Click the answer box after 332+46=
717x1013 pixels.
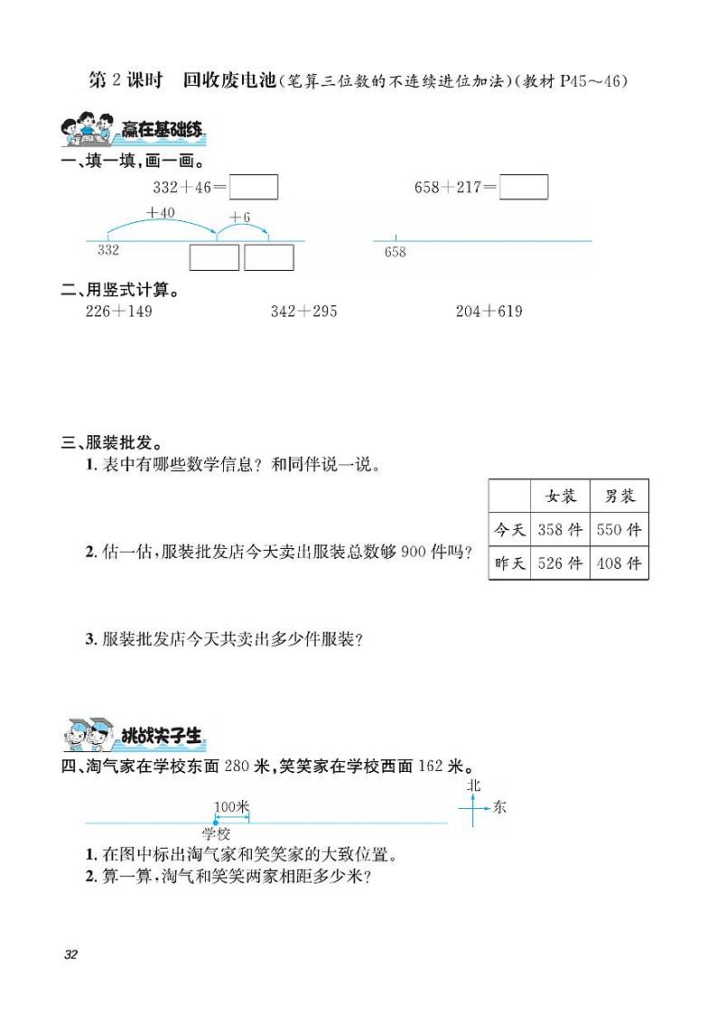coord(254,187)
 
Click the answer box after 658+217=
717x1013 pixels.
coord(524,187)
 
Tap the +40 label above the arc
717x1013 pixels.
coord(160,213)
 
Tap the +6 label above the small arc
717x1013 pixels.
coord(239,218)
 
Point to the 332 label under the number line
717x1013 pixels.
coord(108,250)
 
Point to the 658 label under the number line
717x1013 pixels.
coord(395,252)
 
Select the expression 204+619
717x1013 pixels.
coord(489,311)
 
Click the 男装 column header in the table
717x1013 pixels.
coord(619,496)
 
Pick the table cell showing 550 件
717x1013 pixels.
coord(619,530)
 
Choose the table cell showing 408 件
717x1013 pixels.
coord(619,563)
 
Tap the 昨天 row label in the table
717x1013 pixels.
coord(510,563)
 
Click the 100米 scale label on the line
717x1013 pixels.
coord(231,806)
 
